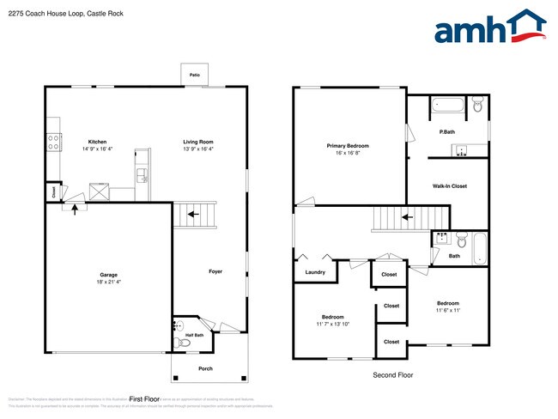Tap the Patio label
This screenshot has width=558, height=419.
pyautogui.click(x=194, y=76)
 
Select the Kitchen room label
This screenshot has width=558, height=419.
pyautogui.click(x=97, y=142)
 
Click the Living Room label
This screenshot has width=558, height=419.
pyautogui.click(x=197, y=142)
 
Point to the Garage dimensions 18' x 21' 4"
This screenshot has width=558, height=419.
pyautogui.click(x=108, y=282)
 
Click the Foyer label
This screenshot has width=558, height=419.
pyautogui.click(x=215, y=271)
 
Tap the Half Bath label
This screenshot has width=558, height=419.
pyautogui.click(x=195, y=335)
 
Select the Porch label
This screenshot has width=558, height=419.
pyautogui.click(x=205, y=368)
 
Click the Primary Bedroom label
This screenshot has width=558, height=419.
pyautogui.click(x=349, y=146)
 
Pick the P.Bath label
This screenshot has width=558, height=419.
pyautogui.click(x=446, y=132)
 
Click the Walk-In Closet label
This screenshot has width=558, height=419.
pyautogui.click(x=449, y=185)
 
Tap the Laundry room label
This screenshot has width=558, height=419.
pyautogui.click(x=315, y=272)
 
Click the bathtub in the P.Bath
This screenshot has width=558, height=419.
pyautogui.click(x=447, y=106)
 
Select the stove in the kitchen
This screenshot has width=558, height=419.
pyautogui.click(x=53, y=143)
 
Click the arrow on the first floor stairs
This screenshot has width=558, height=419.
pyautogui.click(x=193, y=213)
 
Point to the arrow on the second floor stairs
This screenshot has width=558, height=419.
pyautogui.click(x=407, y=217)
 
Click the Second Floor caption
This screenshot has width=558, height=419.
pyautogui.click(x=392, y=375)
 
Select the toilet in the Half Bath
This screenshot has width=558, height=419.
pyautogui.click(x=179, y=343)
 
